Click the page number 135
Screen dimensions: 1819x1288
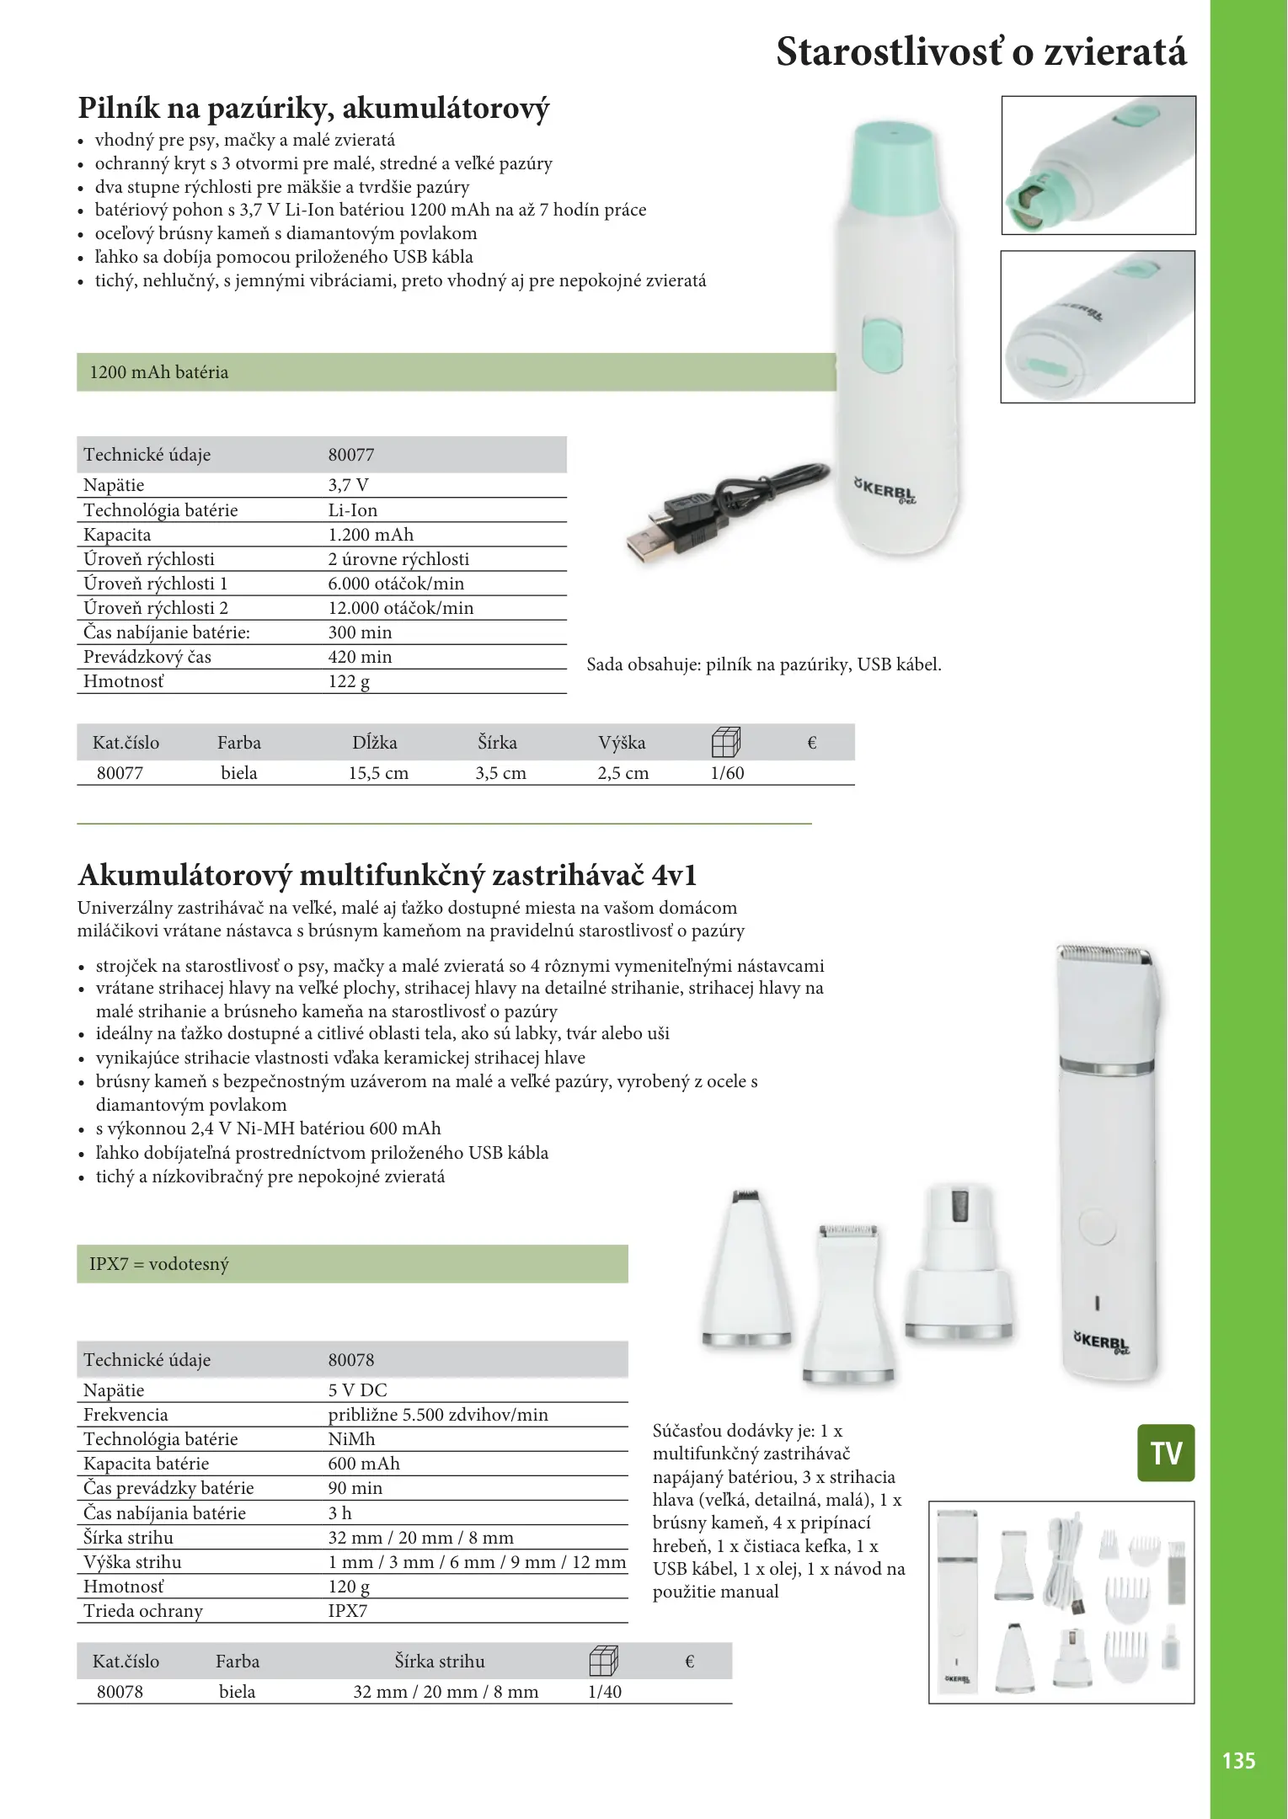pyautogui.click(x=1238, y=1760)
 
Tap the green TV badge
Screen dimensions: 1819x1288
pyautogui.click(x=1166, y=1453)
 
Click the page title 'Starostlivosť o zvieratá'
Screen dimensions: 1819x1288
pyautogui.click(x=981, y=52)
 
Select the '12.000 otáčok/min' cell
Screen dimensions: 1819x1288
pyautogui.click(x=400, y=608)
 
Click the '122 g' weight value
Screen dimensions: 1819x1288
pyautogui.click(x=349, y=681)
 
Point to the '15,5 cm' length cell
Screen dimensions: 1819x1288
pyautogui.click(x=378, y=773)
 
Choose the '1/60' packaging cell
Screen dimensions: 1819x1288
pyautogui.click(x=727, y=773)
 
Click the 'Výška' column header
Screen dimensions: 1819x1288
pyautogui.click(x=622, y=743)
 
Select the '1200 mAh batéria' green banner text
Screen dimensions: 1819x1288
pyautogui.click(x=158, y=372)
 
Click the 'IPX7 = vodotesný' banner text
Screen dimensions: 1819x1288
pyautogui.click(x=158, y=1264)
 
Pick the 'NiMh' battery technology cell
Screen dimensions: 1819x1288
pyautogui.click(x=351, y=1439)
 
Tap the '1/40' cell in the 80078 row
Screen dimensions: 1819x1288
pyautogui.click(x=604, y=1692)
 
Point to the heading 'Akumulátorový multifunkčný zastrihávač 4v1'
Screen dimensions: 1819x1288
pyautogui.click(x=387, y=876)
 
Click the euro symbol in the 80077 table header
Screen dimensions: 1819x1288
pyautogui.click(x=812, y=743)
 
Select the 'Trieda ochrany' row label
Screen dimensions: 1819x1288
pyautogui.click(x=143, y=1611)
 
